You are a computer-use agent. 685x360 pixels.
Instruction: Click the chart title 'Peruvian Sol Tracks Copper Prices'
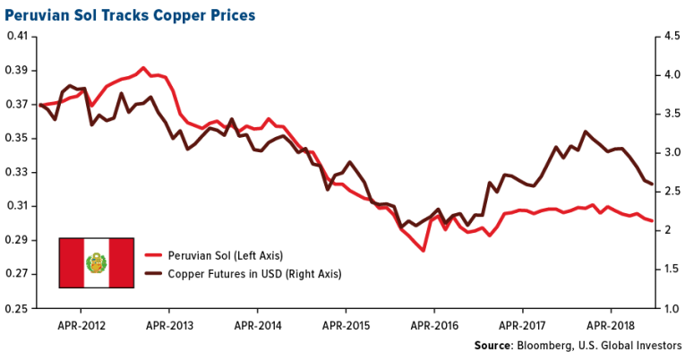click(x=130, y=15)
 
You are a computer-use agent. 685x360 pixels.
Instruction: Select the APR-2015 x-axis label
click(x=346, y=323)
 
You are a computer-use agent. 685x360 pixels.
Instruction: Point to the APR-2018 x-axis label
click(x=609, y=323)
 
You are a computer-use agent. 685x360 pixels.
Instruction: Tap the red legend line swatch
click(x=157, y=255)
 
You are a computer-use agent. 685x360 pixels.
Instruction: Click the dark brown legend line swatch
click(x=157, y=272)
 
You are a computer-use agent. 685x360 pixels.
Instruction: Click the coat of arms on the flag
click(x=95, y=262)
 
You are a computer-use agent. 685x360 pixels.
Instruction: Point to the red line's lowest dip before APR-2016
click(x=423, y=251)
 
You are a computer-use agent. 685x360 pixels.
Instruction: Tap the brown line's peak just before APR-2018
click(x=586, y=132)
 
